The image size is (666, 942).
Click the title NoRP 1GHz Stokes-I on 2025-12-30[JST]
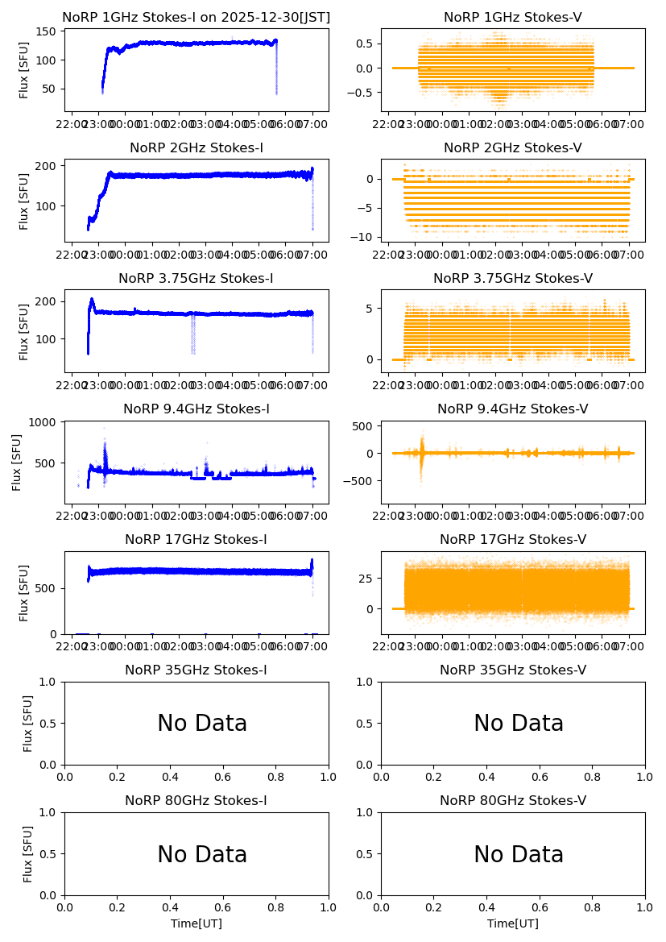click(x=196, y=17)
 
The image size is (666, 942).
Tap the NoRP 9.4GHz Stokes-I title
click(x=196, y=409)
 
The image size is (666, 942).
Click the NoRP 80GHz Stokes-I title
click(x=196, y=801)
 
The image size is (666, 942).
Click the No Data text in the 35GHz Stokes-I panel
click(x=202, y=724)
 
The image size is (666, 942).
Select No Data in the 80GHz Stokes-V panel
click(x=519, y=854)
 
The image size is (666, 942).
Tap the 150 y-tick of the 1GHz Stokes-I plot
click(x=48, y=31)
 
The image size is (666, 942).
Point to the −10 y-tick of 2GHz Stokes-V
click(x=367, y=237)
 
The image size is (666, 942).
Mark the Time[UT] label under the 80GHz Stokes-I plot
click(x=196, y=923)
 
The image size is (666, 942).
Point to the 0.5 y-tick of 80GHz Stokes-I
click(x=49, y=854)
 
